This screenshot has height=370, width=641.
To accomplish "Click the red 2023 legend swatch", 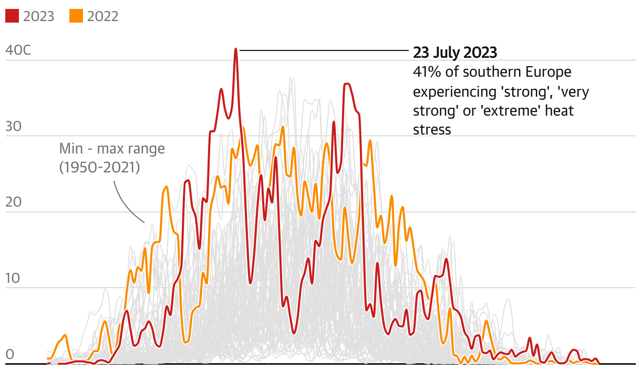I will pos(12,16).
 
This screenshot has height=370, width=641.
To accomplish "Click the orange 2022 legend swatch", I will pos(76,16).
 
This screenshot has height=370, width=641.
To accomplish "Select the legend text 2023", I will pos(38,16).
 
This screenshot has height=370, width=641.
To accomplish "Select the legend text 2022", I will pos(102,16).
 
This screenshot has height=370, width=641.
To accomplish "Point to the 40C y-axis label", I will pos(18,50).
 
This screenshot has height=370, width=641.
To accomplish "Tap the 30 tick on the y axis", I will pos(12,127).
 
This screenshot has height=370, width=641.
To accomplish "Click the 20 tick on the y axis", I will pos(12,203).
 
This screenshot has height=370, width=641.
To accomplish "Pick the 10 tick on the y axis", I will pos(12,279).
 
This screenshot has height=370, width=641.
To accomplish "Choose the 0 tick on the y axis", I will pos(9,355).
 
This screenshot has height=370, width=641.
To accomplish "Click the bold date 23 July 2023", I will pos(454,53).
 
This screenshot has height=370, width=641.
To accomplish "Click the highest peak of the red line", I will pos(236,49).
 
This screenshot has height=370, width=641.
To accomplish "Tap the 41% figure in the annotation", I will pos(426,71).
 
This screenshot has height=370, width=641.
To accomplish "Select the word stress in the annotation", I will pos(432,130).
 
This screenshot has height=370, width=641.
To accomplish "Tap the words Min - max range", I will pos(112,149).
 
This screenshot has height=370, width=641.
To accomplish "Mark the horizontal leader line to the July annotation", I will pos(323,50).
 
